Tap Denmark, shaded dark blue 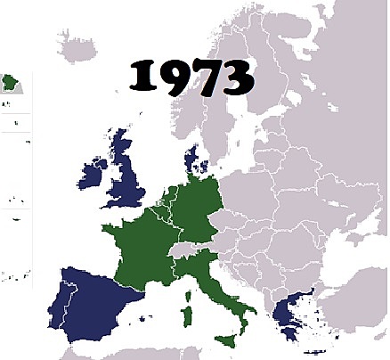pos(191,163)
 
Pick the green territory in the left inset pos(12,85)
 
